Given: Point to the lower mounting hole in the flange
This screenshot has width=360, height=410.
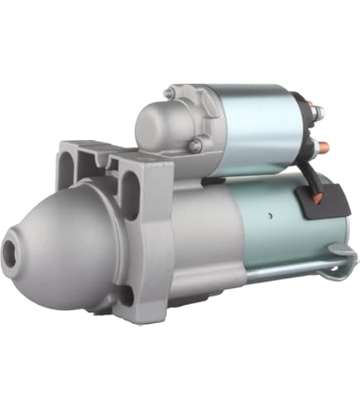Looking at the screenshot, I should point(125,294).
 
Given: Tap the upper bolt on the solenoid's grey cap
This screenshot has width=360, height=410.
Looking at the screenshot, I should point(168,94).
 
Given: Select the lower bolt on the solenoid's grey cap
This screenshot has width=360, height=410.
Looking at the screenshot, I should point(195,147).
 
